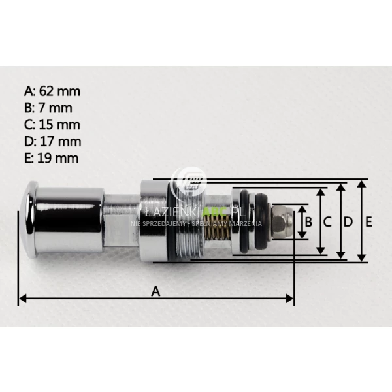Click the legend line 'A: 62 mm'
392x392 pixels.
point(52,91)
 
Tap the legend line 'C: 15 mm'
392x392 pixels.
point(52,124)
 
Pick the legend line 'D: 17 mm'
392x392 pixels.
point(52,141)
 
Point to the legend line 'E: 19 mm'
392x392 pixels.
point(52,157)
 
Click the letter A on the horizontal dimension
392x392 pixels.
point(155,291)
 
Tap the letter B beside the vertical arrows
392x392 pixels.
point(308,222)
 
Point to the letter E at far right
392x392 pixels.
point(369,222)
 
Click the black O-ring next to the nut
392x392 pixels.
point(261,221)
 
